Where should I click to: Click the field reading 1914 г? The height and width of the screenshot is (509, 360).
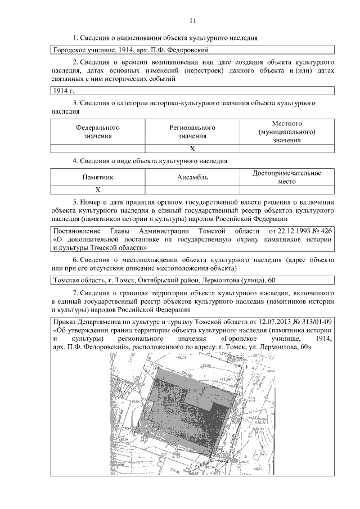(64, 91)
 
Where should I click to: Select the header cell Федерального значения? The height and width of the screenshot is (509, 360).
(98, 132)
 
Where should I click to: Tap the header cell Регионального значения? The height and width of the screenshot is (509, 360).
(192, 132)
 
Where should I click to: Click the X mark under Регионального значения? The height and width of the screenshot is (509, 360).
(192, 149)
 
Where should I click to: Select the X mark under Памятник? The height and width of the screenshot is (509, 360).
(98, 190)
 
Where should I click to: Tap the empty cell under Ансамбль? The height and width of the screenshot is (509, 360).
(192, 190)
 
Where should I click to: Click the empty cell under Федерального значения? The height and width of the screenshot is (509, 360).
(98, 149)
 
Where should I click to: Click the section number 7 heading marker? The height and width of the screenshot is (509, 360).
(76, 293)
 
